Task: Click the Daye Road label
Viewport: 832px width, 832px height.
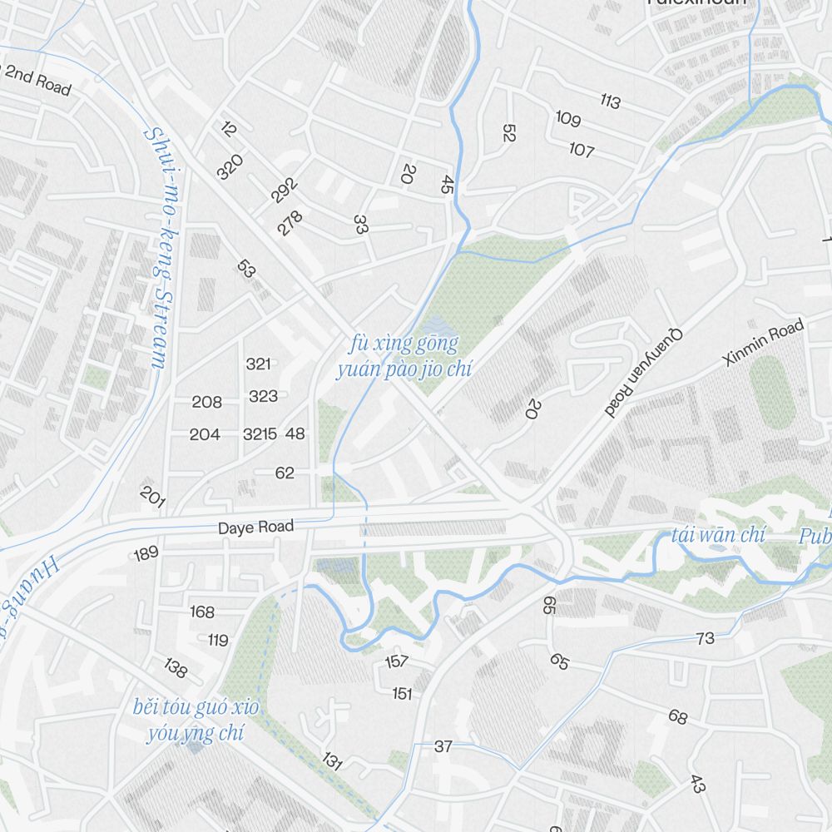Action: [255, 527]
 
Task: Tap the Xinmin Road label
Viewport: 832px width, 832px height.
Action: [764, 342]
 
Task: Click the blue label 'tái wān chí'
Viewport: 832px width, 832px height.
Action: [718, 534]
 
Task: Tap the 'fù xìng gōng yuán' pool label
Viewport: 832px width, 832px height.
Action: [404, 356]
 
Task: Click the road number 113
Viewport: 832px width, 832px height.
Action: [610, 102]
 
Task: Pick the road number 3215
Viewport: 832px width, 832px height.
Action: [260, 433]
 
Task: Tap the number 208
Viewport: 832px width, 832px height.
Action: [206, 402]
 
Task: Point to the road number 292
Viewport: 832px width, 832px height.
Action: [284, 190]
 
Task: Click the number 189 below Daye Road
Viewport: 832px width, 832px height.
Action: [146, 553]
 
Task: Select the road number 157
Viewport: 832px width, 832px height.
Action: [397, 661]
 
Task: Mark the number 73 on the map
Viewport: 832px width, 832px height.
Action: [705, 638]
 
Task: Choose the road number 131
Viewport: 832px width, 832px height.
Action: [333, 761]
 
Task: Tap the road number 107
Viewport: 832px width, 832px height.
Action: [582, 150]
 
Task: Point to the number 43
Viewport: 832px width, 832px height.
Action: [698, 783]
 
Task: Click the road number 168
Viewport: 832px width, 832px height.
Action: [202, 612]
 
